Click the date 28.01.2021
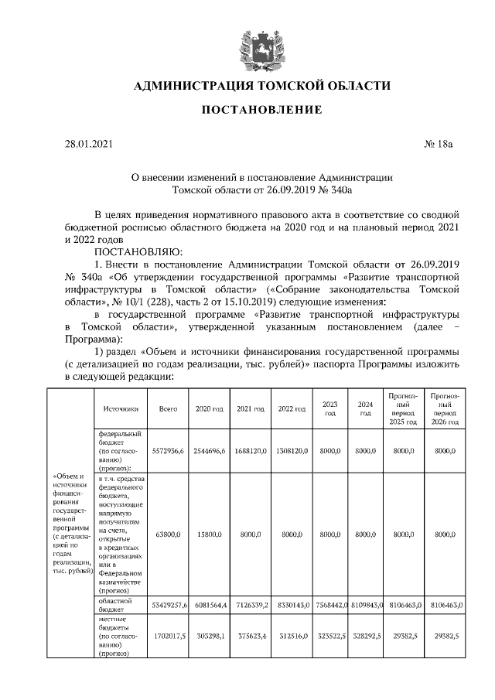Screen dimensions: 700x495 coord(90,144)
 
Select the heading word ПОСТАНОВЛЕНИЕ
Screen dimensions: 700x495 coord(261,111)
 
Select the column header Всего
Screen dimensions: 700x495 coord(168,408)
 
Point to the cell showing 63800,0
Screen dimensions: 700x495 coord(168,534)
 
